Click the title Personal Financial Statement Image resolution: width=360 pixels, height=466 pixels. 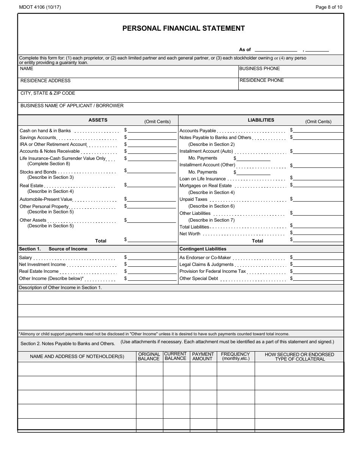pyautogui.click(x=183, y=28)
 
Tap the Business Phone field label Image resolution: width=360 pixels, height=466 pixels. pyautogui.click(x=260, y=69)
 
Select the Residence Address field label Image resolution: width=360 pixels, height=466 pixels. pyautogui.click(x=45, y=81)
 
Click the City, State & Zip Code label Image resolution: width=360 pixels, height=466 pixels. pyautogui.click(x=48, y=93)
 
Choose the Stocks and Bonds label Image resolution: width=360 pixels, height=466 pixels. pyautogui.click(x=38, y=172)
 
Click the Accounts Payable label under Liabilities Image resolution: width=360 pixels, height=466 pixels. pyautogui.click(x=197, y=131)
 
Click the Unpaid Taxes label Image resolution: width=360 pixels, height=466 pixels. pyautogui.click(x=193, y=199)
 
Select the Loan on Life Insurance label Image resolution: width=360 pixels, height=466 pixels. pyautogui.click(x=202, y=179)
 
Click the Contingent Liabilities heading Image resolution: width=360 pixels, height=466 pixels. pyautogui.click(x=203, y=249)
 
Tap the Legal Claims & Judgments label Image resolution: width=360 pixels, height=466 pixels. pyautogui.click(x=207, y=264)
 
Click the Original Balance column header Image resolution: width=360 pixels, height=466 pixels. pyautogui.click(x=149, y=357)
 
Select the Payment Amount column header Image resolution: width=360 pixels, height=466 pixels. pyautogui.click(x=203, y=357)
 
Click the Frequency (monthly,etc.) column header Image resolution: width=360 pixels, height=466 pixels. pyautogui.click(x=235, y=357)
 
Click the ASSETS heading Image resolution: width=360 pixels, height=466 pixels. pyautogui.click(x=98, y=120)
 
